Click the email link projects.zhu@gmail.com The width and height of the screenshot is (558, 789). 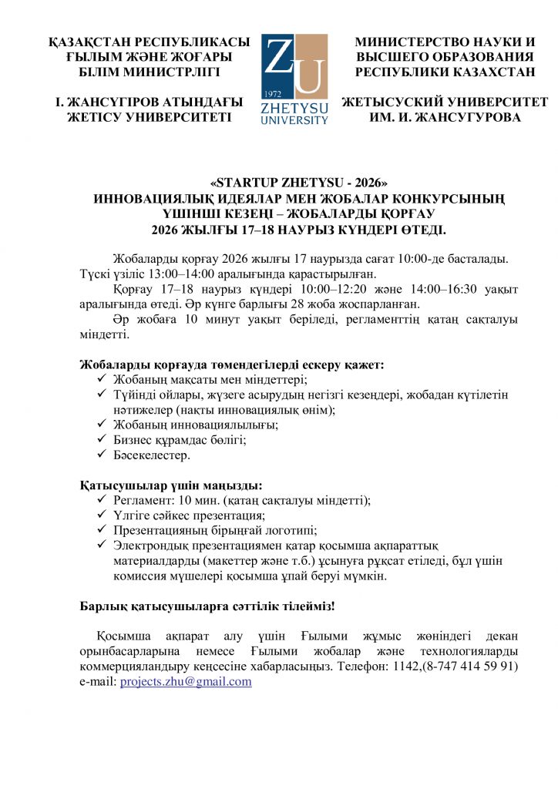(x=186, y=682)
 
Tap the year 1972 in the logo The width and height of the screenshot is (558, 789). (x=272, y=93)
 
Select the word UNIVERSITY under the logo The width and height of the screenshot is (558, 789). (x=294, y=120)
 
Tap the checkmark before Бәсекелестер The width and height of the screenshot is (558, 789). (x=103, y=455)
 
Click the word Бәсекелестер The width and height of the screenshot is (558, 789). (x=151, y=455)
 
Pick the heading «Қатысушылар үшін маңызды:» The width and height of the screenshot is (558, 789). (x=171, y=485)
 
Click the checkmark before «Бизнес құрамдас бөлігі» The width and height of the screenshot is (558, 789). (x=103, y=440)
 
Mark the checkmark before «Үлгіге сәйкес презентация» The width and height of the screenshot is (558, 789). (x=103, y=515)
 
